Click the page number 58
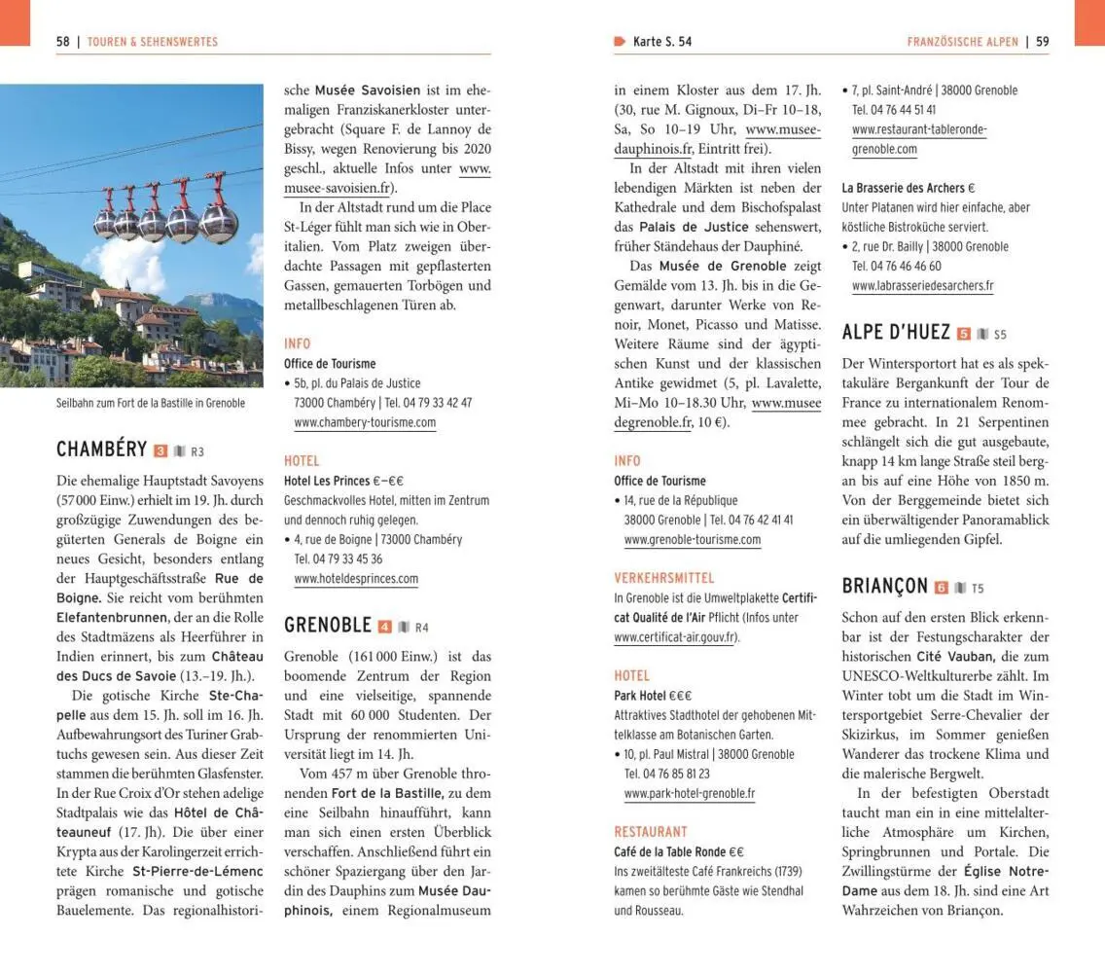point(63,42)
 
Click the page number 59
point(1042,42)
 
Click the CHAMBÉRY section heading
point(101,450)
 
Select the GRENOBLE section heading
point(328,626)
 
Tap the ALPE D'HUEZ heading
point(896,333)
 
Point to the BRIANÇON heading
point(884,587)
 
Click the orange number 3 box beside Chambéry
point(161,450)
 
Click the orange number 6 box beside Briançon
point(941,588)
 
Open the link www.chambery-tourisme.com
point(365,422)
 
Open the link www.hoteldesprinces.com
point(356,579)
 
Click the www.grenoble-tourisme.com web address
point(693,539)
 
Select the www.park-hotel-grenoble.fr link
point(690,793)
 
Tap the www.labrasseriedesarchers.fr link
point(922,286)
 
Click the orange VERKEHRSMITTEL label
point(664,578)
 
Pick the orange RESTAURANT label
point(651,832)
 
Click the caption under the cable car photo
point(151,403)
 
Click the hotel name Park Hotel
point(640,696)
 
